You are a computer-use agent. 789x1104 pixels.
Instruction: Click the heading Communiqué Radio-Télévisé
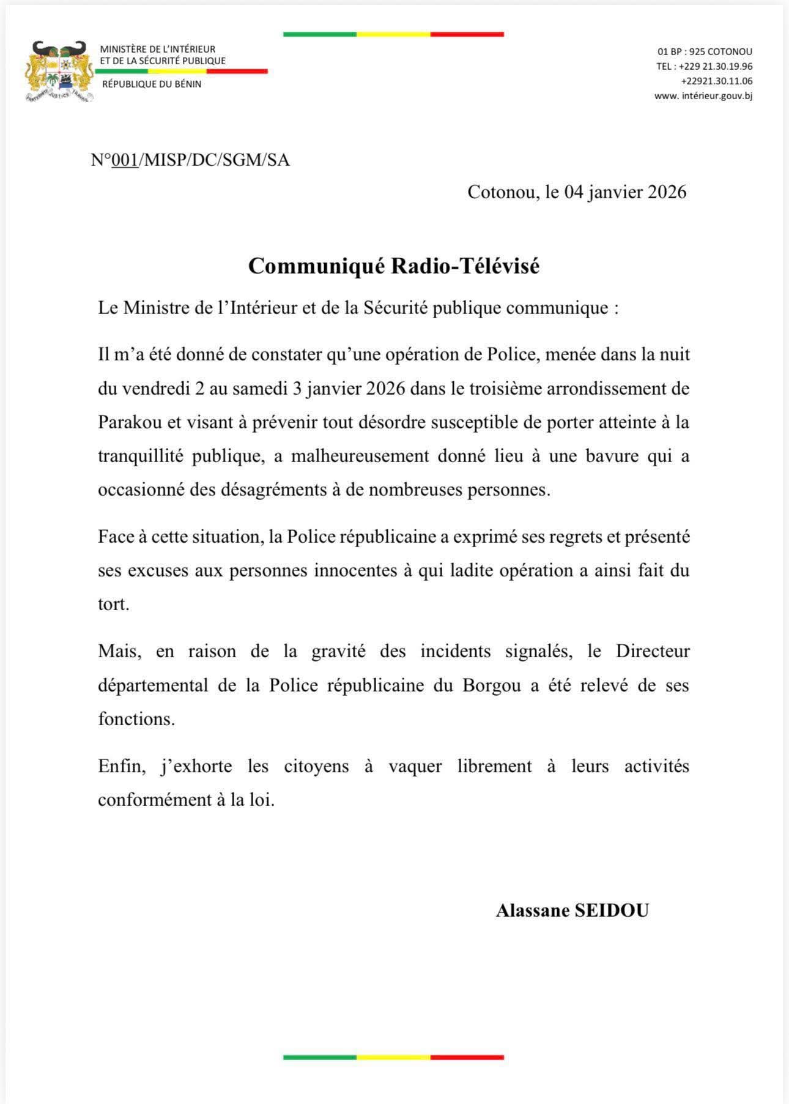tap(394, 266)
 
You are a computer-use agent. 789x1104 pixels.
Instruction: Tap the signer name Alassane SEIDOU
tap(572, 911)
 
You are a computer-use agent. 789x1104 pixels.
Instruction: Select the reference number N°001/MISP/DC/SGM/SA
tap(190, 160)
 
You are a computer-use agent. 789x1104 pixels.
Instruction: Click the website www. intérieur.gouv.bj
tap(703, 96)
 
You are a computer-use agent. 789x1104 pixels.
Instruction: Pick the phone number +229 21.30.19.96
tap(716, 66)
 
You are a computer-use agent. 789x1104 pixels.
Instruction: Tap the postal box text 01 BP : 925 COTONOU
tap(705, 52)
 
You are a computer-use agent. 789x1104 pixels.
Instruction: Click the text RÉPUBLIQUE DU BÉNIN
tap(152, 84)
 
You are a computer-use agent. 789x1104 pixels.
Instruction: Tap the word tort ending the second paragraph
tap(114, 605)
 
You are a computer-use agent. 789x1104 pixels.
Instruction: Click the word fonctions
tap(136, 718)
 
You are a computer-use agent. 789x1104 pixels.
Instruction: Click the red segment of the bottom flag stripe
tap(467, 1057)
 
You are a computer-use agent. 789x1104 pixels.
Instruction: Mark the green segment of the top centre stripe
tap(320, 35)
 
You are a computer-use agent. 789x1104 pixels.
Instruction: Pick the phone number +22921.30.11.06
tap(716, 81)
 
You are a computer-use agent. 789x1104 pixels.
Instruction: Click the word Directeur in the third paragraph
tap(653, 651)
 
